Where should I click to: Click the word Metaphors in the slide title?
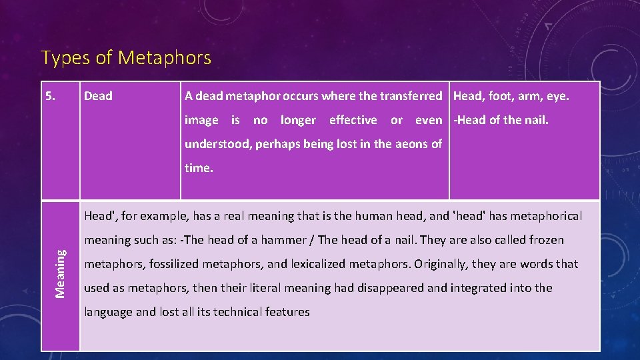click(165, 58)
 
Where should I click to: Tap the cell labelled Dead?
click(98, 96)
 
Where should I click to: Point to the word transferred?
click(411, 96)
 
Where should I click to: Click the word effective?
click(353, 120)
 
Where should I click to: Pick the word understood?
click(217, 144)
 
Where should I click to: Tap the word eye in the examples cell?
click(557, 97)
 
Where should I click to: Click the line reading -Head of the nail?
click(501, 120)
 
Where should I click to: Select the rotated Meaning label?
click(60, 273)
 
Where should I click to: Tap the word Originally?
click(442, 264)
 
